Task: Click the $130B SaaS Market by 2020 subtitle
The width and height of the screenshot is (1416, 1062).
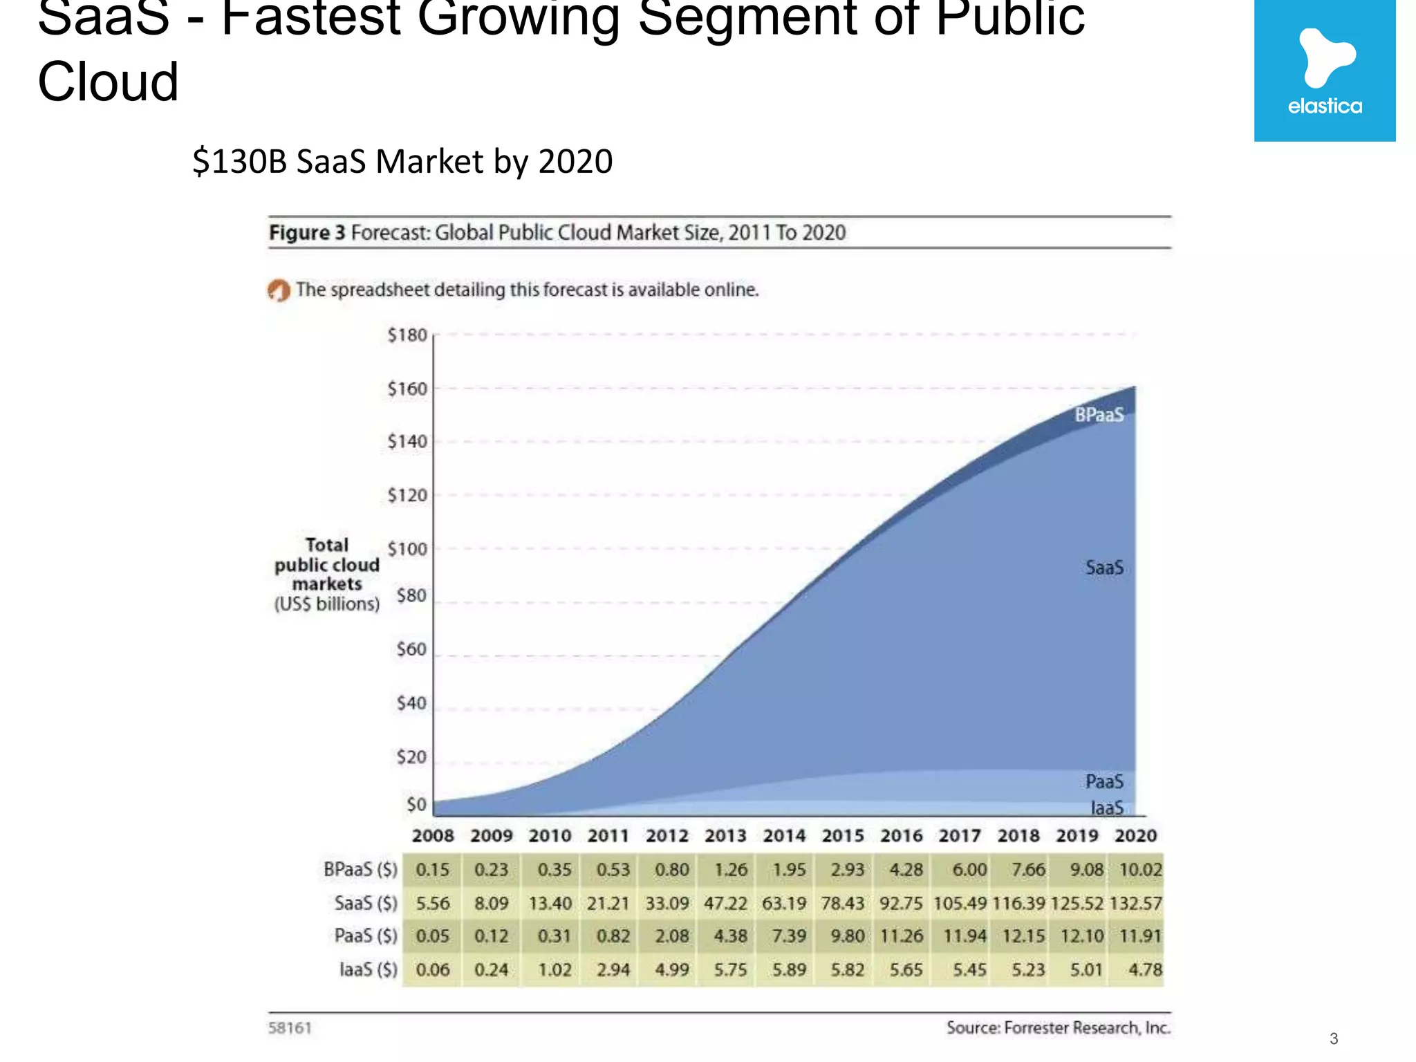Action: pos(402,162)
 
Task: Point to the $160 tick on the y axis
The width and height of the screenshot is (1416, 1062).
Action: pos(407,389)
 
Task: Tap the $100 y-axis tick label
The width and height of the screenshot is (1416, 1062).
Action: pos(407,549)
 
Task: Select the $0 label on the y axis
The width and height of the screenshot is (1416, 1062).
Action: pos(416,805)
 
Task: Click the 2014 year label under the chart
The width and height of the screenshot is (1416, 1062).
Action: pos(784,836)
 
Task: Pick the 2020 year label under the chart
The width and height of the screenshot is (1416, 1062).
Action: pos(1135,836)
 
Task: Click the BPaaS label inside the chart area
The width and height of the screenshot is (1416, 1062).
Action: pos(1099,415)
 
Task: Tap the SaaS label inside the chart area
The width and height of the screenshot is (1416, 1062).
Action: pos(1104,568)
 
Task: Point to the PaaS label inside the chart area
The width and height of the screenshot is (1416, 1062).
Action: pos(1104,782)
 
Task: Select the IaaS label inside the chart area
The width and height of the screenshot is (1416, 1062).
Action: pos(1107,808)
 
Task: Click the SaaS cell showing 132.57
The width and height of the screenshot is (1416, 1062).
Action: pos(1136,904)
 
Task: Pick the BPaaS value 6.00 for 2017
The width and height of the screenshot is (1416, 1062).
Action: pos(969,870)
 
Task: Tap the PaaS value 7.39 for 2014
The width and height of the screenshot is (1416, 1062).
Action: pos(789,936)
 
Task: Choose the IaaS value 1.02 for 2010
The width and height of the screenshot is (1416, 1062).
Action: pos(555,970)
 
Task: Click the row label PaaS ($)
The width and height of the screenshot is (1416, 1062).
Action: pos(366,936)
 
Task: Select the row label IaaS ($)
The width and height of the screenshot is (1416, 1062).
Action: pos(368,970)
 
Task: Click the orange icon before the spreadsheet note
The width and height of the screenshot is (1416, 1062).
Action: pos(279,290)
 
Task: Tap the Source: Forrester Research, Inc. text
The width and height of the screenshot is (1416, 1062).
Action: pos(1058,1028)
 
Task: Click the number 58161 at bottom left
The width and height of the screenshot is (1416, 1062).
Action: pos(290,1028)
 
